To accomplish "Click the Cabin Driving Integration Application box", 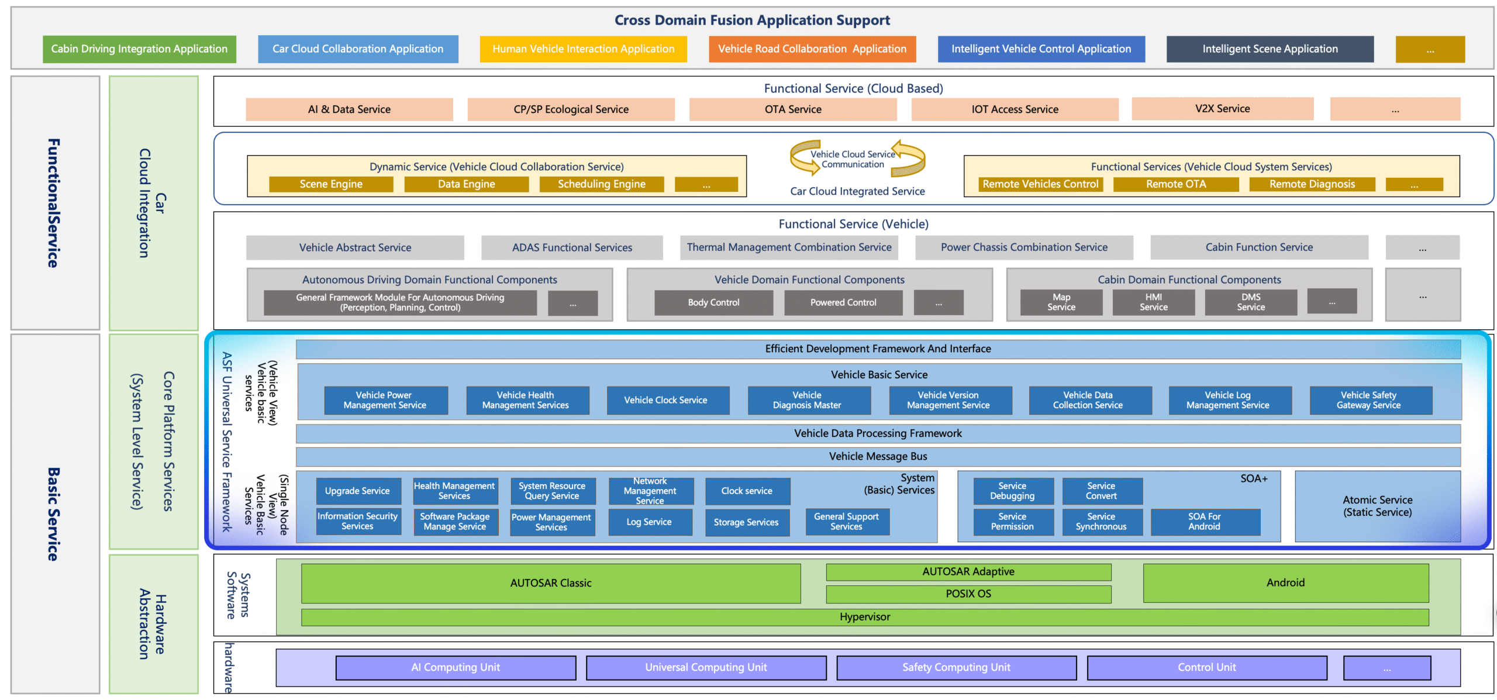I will click(139, 49).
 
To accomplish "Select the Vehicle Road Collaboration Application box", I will click(812, 49).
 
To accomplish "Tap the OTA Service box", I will click(792, 109).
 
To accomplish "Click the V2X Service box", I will click(1222, 109).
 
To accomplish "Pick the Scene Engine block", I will click(331, 184).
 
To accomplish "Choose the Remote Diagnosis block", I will click(1312, 184).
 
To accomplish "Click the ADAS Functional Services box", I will click(572, 248).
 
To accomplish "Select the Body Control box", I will click(713, 302).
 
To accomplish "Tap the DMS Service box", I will click(1250, 302).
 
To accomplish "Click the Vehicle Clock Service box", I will click(665, 401).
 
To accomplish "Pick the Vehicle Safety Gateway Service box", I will click(1368, 401).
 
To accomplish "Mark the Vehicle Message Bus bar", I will click(877, 457).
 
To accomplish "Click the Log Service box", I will click(649, 522).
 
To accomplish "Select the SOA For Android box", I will click(1205, 522).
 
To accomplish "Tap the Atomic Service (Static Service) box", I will click(1377, 506).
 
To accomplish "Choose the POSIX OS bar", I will click(968, 594).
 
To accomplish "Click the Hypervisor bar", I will click(864, 618).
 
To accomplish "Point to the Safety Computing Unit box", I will click(956, 668).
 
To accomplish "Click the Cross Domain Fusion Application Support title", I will click(752, 20).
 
